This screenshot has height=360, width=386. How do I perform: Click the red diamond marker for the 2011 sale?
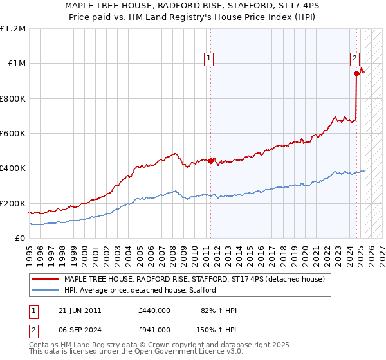(210, 161)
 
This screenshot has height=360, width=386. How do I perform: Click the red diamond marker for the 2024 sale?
(356, 73)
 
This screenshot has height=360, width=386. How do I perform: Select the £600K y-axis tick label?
(13, 134)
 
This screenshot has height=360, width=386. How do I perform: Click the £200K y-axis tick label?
(13, 203)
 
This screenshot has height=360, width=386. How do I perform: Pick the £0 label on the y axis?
(20, 239)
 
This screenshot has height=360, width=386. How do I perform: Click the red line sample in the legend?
(45, 280)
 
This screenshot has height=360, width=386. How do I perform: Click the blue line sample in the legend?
(45, 290)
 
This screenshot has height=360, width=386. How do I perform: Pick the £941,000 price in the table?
(154, 329)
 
